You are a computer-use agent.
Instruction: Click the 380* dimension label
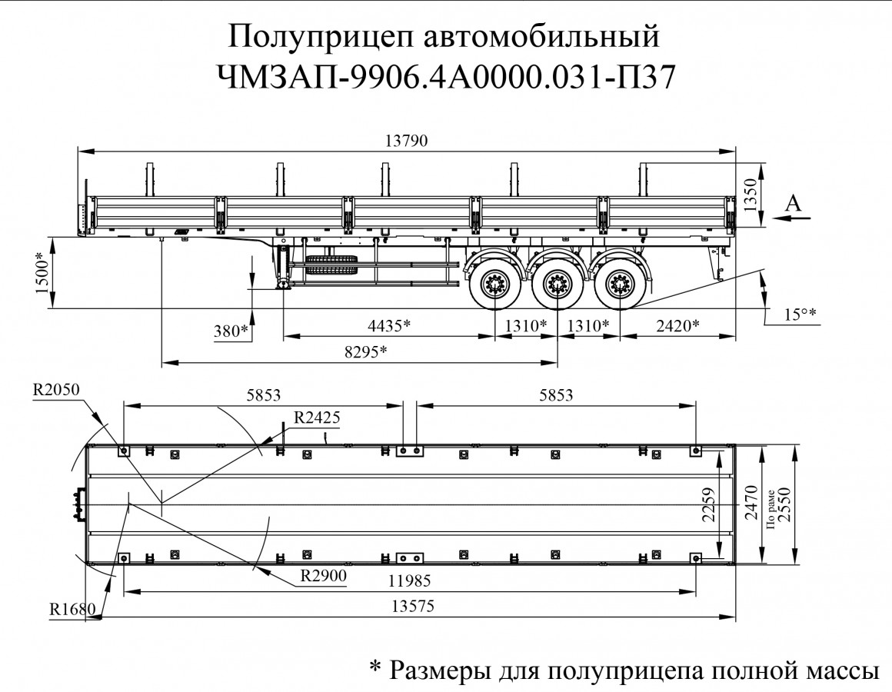[x=232, y=331]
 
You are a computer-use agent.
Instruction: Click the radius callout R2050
[x=56, y=389]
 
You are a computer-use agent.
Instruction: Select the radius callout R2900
[x=323, y=574]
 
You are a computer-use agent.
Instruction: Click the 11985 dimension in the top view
[x=410, y=580]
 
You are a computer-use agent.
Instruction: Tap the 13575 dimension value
[x=410, y=605]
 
